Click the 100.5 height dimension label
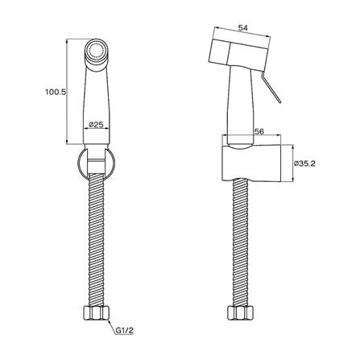(56, 92)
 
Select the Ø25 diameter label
(96, 125)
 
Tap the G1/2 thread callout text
(125, 331)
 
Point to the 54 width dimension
(243, 27)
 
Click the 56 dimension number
(259, 131)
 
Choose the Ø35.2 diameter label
(304, 163)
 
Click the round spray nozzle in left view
(97, 50)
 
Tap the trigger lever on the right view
(271, 89)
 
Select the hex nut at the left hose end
(97, 313)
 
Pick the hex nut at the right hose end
(240, 313)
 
